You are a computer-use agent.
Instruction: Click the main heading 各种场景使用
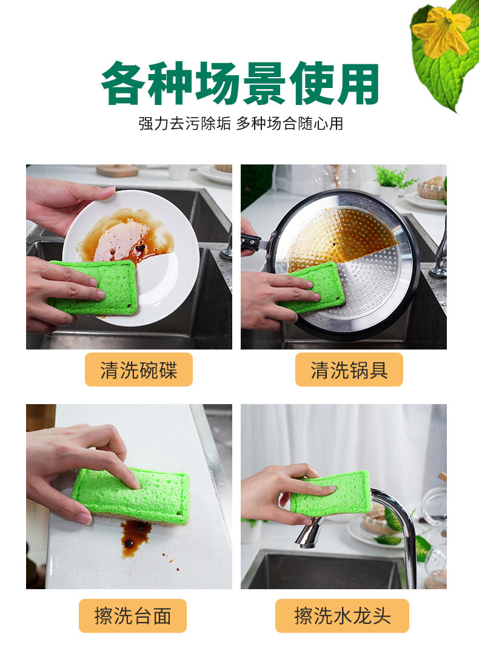coord(239,83)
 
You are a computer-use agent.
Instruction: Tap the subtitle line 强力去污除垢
coord(184,124)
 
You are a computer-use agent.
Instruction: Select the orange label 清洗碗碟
coord(139,370)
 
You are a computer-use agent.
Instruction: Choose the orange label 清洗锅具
coord(349,370)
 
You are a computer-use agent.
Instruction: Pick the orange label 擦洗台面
coord(133,616)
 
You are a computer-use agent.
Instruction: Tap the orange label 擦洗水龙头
coord(342,616)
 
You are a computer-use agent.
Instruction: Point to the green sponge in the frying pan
coord(313,288)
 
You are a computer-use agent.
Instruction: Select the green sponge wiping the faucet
coord(332,493)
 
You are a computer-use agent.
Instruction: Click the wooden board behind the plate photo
coord(117,170)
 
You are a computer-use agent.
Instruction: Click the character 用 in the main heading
coord(358,84)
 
